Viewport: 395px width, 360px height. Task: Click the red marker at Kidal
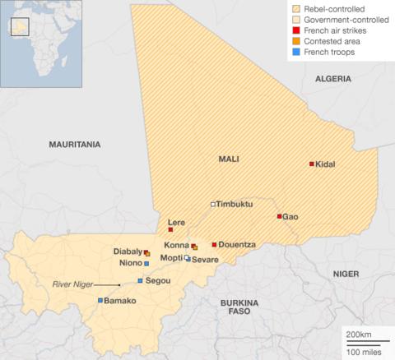(x=311, y=164)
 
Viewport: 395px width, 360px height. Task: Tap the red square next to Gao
(x=279, y=216)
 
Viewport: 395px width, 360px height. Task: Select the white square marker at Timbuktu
(x=212, y=203)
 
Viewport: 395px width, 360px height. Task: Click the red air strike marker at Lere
(x=170, y=229)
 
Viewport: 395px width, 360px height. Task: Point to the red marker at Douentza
(x=214, y=244)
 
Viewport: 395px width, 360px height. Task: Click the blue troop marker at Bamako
(x=100, y=301)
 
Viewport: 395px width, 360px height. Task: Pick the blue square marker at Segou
(x=140, y=281)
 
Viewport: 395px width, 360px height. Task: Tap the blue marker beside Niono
(x=146, y=264)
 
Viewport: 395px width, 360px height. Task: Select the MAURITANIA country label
(x=75, y=144)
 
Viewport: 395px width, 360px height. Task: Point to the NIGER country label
(x=346, y=272)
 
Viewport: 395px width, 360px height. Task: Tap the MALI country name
(x=228, y=159)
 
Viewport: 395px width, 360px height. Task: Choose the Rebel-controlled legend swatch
(x=295, y=8)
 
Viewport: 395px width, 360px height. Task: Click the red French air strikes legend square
(x=295, y=30)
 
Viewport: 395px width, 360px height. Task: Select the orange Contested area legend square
(x=295, y=40)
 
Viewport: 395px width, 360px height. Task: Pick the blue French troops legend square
(x=295, y=51)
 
